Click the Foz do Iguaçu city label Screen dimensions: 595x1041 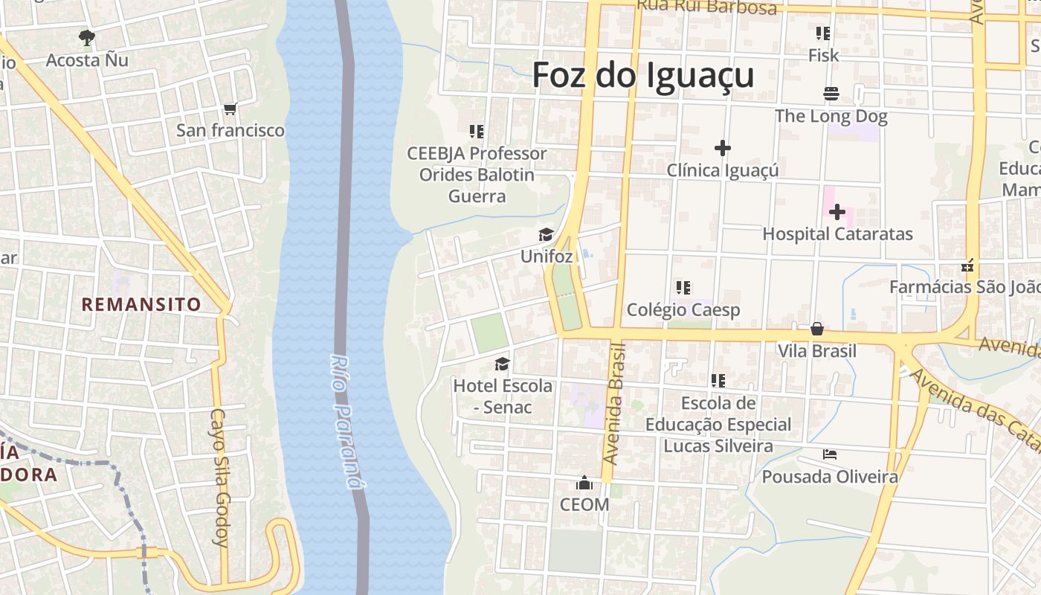[643, 76]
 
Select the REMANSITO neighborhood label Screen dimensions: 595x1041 [141, 304]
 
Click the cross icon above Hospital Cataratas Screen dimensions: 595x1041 [837, 212]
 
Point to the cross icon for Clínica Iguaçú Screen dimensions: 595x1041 [722, 148]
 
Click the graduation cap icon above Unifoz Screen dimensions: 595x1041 [546, 235]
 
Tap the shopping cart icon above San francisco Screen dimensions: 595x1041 [230, 109]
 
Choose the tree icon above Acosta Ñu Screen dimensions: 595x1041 [87, 36]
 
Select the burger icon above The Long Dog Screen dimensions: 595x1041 [831, 94]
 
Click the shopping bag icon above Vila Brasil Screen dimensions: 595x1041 [816, 328]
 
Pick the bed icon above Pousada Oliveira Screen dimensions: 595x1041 [830, 454]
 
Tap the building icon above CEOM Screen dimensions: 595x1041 [584, 483]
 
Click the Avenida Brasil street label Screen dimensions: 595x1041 [615, 404]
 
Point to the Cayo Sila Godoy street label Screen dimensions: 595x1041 [219, 477]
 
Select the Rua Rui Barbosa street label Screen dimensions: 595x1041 [706, 7]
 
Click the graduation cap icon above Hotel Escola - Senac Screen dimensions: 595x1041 [503, 364]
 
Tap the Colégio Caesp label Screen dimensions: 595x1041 [683, 309]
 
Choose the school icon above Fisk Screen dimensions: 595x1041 [822, 33]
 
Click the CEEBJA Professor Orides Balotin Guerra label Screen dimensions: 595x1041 [477, 175]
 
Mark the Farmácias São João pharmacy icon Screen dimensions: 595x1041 [968, 266]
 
